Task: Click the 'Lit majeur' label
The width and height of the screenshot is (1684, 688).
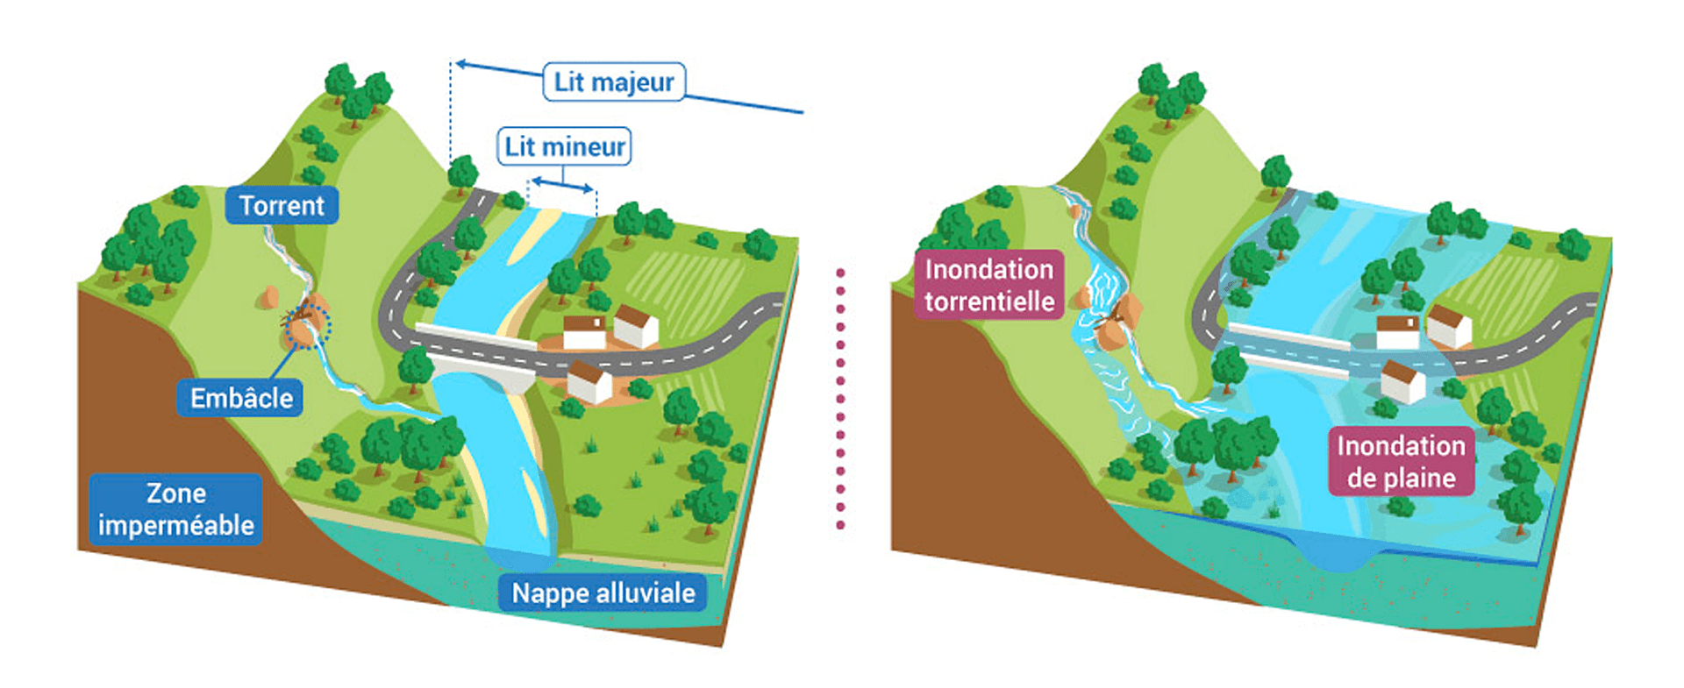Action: point(614,82)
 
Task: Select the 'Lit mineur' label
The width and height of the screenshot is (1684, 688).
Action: point(565,146)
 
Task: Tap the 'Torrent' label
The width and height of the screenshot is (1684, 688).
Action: point(282,206)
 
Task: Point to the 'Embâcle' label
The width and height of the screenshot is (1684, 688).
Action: point(241,399)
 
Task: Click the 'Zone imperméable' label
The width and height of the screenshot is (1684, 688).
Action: point(175,509)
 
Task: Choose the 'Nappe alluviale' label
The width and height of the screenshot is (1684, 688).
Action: point(603,593)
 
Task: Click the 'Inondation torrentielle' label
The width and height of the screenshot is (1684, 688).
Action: point(989,285)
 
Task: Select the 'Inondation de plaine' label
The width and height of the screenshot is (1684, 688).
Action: point(1401,461)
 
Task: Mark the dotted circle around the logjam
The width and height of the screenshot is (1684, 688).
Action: point(308,326)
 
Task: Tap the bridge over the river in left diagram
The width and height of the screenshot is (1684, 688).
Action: point(478,354)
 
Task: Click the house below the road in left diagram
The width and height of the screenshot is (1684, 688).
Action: point(589,382)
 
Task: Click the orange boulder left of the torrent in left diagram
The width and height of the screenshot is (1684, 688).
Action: point(268,297)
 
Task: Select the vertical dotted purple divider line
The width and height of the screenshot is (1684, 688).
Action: point(841,399)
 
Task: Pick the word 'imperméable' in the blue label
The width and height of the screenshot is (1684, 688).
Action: point(175,526)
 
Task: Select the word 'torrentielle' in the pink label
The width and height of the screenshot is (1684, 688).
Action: point(989,301)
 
